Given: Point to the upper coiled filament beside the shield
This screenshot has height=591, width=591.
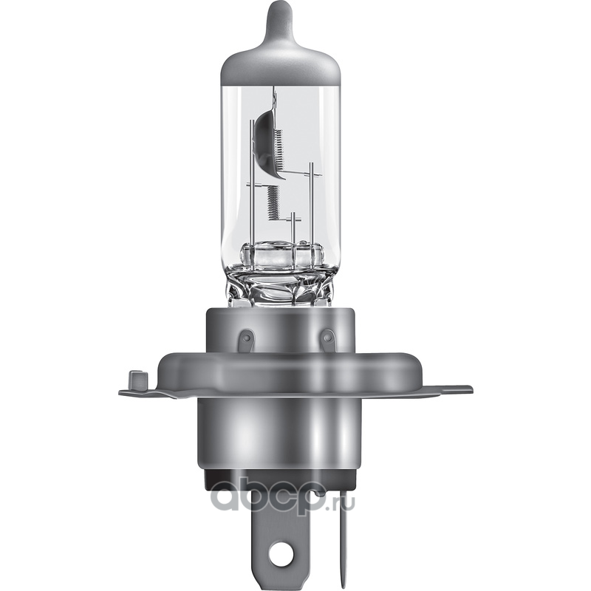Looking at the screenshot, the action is [279, 150].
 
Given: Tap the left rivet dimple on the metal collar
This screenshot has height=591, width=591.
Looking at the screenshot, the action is [247, 335].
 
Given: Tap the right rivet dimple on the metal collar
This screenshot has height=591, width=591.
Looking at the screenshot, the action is [327, 335].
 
